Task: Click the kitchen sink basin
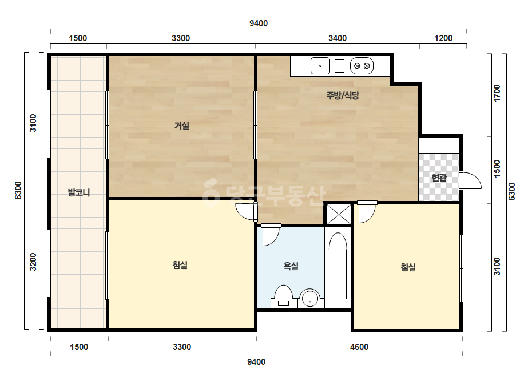point(320,66)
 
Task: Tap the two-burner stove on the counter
point(362,66)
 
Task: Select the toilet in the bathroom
point(283,296)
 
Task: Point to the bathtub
point(338,266)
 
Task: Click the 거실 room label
point(182,126)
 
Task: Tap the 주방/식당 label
point(343,95)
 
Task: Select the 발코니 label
point(79,192)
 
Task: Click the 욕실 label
point(291,266)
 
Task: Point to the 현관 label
point(439,178)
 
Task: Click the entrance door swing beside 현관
point(471,181)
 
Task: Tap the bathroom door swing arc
point(271,235)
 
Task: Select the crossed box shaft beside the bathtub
point(339,214)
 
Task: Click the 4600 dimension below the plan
point(359,347)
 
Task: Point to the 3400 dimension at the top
point(338,38)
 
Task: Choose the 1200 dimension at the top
point(443,38)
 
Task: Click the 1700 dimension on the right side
point(497,93)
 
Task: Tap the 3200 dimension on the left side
point(33,262)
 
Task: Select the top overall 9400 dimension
point(259,23)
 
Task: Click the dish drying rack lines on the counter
point(339,66)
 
